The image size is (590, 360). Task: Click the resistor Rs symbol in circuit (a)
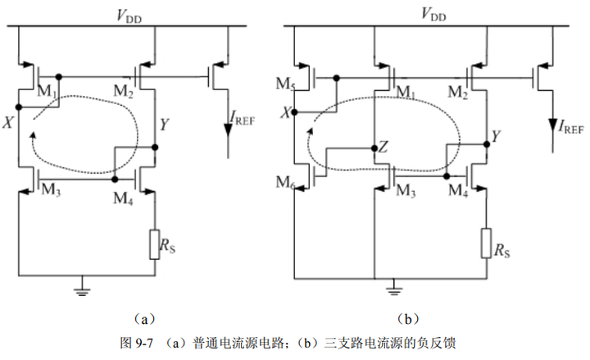[x=154, y=244]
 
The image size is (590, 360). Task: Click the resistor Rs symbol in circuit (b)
[x=486, y=244]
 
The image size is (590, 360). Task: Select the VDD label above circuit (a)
[x=129, y=16]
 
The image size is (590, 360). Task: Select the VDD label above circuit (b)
[x=433, y=14]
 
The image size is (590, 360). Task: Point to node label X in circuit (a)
[x=7, y=122]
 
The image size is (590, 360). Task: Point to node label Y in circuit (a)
[x=164, y=125]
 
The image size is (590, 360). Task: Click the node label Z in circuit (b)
[x=383, y=147]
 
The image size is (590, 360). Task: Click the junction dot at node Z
[x=374, y=148]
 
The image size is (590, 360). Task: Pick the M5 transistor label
[x=285, y=84]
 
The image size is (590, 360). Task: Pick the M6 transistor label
[x=285, y=183]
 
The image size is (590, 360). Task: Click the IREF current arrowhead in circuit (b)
[x=552, y=125]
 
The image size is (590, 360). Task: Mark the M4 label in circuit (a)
[x=123, y=198]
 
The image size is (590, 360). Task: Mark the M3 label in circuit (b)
[x=406, y=191]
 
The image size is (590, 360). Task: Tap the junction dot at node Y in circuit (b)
[x=487, y=144]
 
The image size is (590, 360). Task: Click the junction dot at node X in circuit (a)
[x=19, y=107]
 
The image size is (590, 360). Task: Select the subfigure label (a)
[x=144, y=320]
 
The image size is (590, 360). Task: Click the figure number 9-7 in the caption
[x=144, y=343]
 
